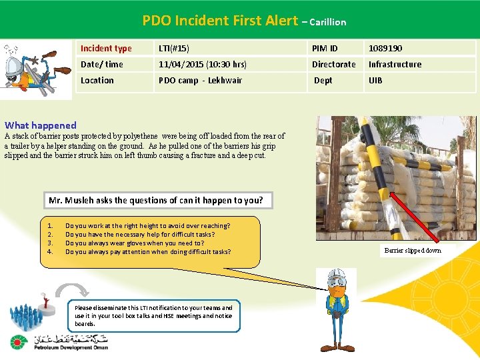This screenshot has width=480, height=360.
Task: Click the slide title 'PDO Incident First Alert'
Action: [x=219, y=21]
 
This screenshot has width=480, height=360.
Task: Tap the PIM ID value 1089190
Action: [x=385, y=48]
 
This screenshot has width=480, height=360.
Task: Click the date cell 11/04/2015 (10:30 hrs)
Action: [x=203, y=64]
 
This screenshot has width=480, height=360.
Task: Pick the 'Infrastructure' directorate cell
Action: [x=395, y=64]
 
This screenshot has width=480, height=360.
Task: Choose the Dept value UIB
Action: [x=375, y=80]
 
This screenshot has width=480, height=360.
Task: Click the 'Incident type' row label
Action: [x=106, y=48]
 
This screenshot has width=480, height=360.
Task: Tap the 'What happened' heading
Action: [x=41, y=125]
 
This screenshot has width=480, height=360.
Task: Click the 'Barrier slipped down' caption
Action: [x=413, y=251]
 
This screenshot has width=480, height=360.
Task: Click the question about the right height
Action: [x=147, y=226]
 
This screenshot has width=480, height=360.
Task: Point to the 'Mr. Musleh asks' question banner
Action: [x=156, y=200]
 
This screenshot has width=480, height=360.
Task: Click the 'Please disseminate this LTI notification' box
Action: [x=154, y=315]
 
